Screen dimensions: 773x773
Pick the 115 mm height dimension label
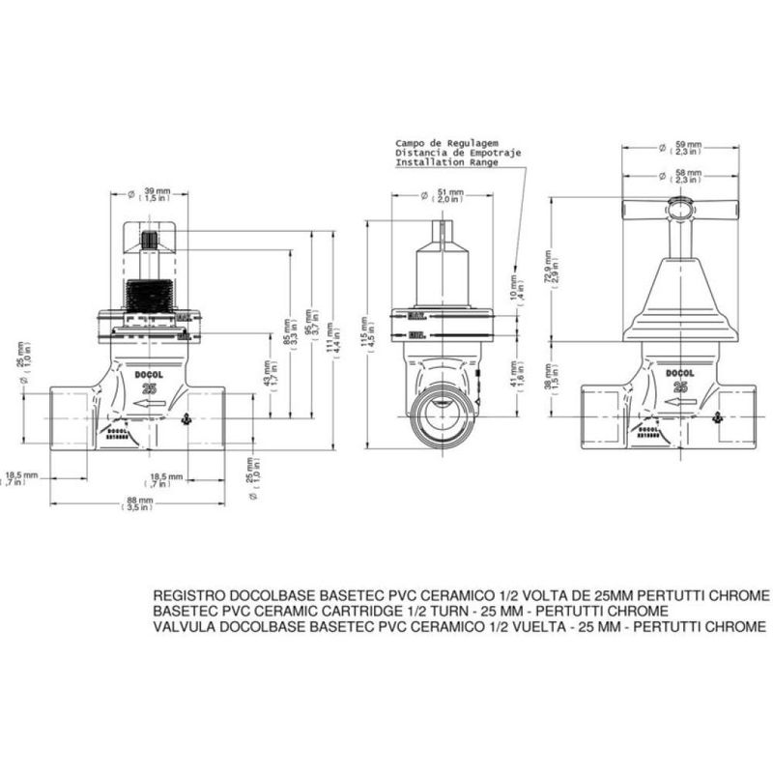[366, 330]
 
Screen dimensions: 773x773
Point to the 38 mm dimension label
[551, 375]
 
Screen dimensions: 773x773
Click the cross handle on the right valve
[680, 208]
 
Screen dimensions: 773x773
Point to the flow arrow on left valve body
[148, 403]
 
